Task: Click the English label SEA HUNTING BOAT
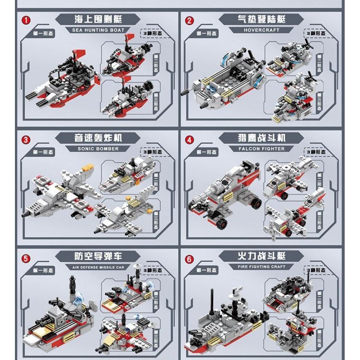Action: [98, 30]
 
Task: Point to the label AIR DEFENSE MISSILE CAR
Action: [98, 267]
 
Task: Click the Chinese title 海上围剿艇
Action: [98, 19]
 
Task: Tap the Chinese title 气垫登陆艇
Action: [262, 19]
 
